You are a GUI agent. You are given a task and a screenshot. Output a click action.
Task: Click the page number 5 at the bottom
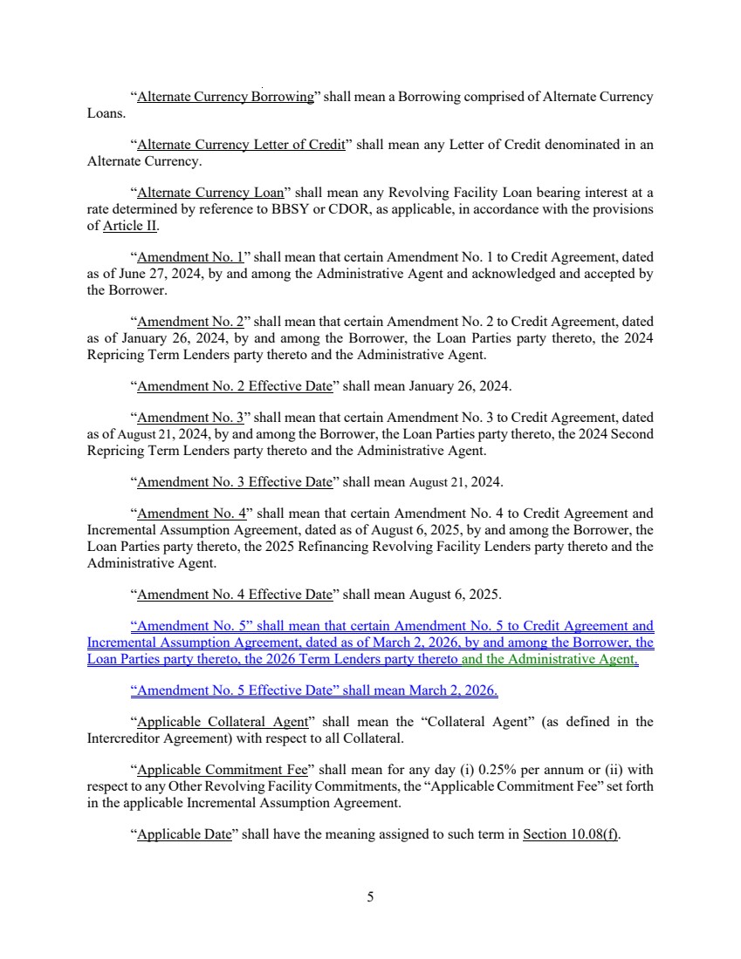[x=370, y=896]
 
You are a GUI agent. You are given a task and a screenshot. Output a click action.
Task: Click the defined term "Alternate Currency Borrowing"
[x=225, y=97]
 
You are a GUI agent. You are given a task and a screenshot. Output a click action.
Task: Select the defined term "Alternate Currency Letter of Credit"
[x=241, y=145]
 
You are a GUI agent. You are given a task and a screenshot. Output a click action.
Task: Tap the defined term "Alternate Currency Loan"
[x=211, y=193]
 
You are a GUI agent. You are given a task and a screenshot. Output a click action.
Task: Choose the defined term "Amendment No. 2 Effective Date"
[x=235, y=384]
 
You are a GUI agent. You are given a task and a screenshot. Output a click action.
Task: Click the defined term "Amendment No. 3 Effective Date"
[x=235, y=481]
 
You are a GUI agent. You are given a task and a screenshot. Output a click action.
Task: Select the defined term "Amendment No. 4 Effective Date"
[x=235, y=595]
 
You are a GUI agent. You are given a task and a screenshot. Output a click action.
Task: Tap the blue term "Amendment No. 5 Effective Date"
[x=235, y=691]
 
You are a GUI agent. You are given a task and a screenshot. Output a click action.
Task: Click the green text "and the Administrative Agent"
[x=548, y=660]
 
